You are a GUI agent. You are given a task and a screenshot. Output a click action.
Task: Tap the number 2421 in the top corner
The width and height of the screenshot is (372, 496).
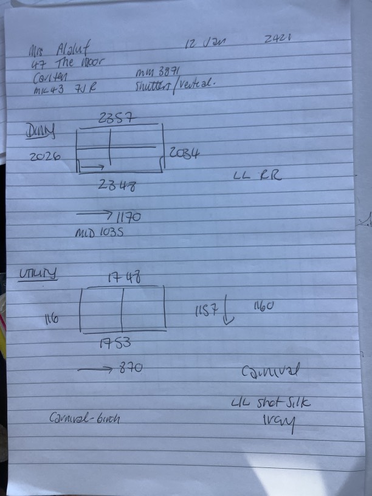279,39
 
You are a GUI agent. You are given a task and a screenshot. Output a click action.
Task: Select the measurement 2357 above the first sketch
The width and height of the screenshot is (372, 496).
115,119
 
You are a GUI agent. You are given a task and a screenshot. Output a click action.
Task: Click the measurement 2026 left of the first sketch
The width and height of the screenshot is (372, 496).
44,156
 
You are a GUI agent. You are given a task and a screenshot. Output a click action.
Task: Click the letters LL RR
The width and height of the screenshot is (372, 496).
257,176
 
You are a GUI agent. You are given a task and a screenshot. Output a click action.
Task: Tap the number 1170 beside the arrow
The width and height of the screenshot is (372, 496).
128,215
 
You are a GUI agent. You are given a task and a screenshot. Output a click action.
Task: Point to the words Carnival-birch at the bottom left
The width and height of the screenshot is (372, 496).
84,418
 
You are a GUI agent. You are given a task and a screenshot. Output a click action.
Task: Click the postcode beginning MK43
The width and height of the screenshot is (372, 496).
63,88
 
